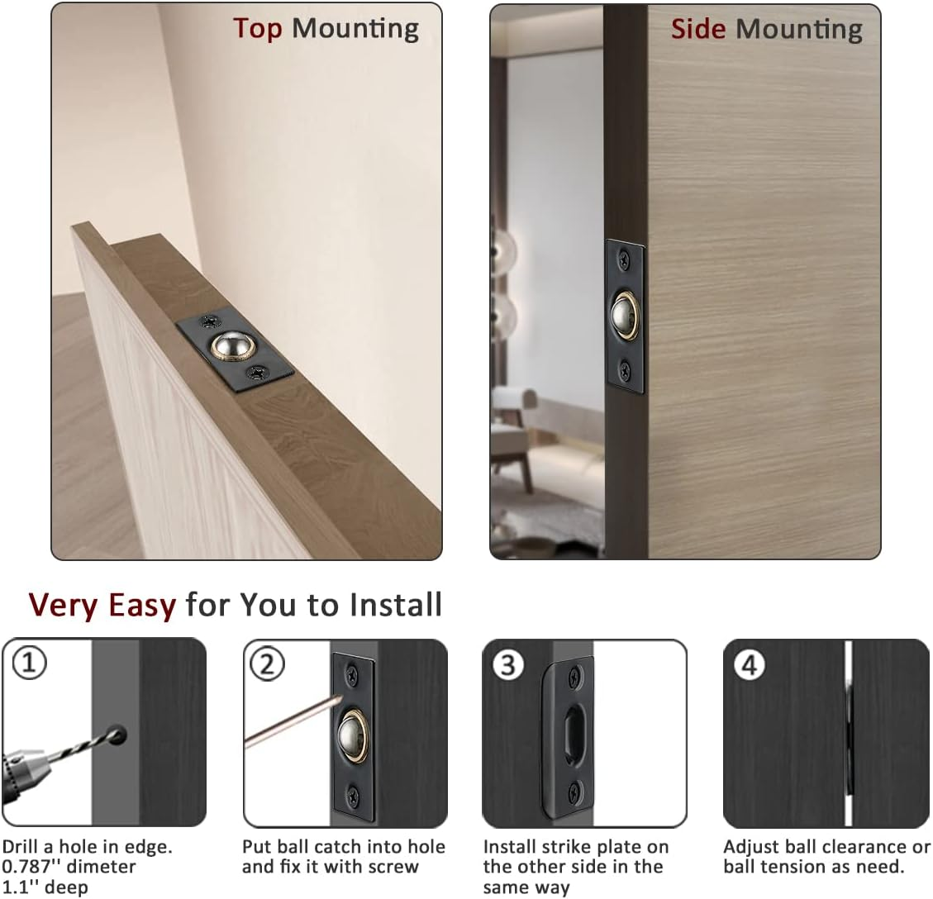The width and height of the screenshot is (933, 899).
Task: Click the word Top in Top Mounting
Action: pyautogui.click(x=258, y=28)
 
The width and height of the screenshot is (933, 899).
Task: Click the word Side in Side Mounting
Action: pyautogui.click(x=698, y=29)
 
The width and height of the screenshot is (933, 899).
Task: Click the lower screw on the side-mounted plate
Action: pyautogui.click(x=626, y=369)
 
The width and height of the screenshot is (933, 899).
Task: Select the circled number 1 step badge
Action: pyautogui.click(x=30, y=664)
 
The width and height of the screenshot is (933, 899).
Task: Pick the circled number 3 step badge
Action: pyautogui.click(x=507, y=665)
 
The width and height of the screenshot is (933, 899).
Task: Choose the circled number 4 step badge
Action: pyautogui.click(x=749, y=665)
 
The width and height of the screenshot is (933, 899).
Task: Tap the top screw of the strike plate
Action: pyautogui.click(x=571, y=681)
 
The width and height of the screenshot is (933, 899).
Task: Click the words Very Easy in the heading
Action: pyautogui.click(x=102, y=605)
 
